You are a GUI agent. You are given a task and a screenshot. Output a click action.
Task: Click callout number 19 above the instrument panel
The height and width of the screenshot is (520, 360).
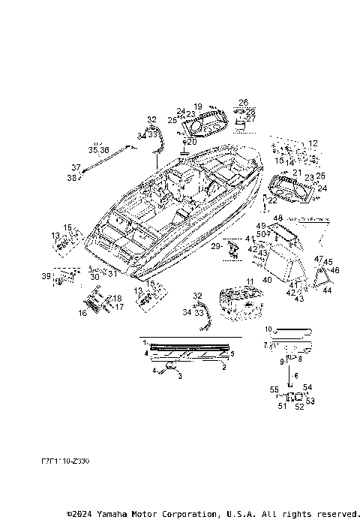click(198, 107)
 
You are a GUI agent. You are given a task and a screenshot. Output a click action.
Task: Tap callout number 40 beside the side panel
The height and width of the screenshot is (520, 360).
click(266, 279)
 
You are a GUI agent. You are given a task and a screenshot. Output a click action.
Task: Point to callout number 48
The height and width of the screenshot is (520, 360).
click(277, 218)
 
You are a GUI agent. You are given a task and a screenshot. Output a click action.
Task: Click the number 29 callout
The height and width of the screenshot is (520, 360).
click(215, 246)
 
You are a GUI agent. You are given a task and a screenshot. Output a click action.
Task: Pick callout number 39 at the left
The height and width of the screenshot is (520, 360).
click(46, 276)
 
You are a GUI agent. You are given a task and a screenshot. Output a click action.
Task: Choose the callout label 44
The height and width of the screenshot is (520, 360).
click(327, 290)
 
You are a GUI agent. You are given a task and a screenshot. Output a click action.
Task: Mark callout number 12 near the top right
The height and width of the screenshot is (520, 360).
click(313, 143)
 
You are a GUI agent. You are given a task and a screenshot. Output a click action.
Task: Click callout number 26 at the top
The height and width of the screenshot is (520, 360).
click(243, 101)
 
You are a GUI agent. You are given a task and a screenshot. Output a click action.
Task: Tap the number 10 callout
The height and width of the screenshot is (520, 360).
click(268, 329)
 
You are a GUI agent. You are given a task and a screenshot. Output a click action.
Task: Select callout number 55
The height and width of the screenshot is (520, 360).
click(274, 389)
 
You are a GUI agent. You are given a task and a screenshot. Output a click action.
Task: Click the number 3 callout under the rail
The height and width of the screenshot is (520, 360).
click(179, 376)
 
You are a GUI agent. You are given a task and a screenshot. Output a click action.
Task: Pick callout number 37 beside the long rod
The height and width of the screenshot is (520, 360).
click(75, 167)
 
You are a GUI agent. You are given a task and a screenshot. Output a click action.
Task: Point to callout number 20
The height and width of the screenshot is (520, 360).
click(192, 141)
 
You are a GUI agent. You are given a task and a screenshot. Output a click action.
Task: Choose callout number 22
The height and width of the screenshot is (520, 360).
click(273, 200)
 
